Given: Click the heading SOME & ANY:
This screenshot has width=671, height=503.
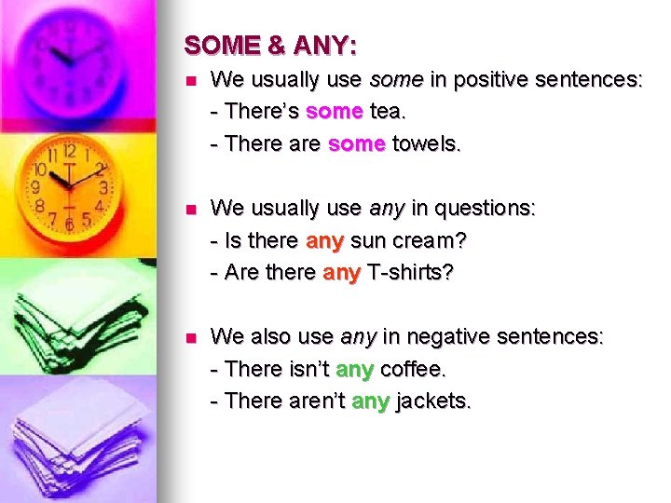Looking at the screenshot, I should click(x=270, y=45).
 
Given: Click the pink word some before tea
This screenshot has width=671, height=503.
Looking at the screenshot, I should click(x=334, y=112).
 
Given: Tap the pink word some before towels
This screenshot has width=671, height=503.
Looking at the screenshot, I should click(x=357, y=143).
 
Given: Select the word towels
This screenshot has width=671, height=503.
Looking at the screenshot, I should click(x=427, y=143).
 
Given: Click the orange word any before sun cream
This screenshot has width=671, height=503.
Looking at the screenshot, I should click(x=325, y=240).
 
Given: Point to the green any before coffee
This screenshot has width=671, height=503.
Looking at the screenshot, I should click(x=354, y=369).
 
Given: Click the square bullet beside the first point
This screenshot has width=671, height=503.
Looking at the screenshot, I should click(x=191, y=81).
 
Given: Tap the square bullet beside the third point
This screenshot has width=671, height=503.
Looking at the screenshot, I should click(x=191, y=337).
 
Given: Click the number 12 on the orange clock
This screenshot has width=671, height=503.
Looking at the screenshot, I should click(x=68, y=150).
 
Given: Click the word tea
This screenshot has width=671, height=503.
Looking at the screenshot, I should click(x=387, y=112).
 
